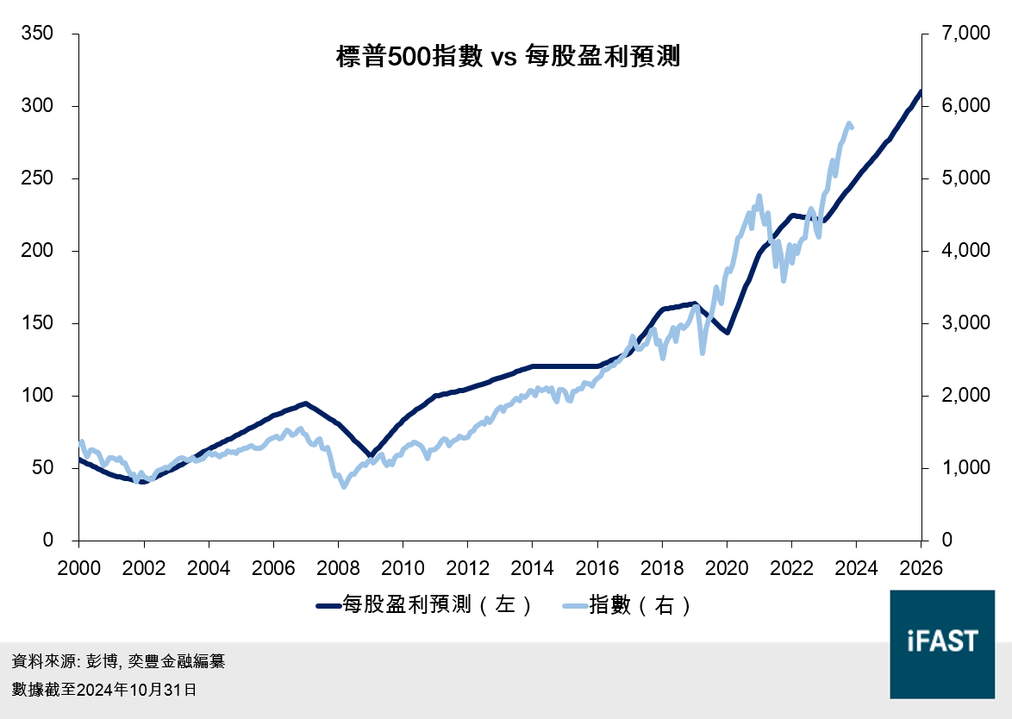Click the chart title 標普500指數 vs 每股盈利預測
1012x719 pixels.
[x=508, y=58]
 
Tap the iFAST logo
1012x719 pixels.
[x=942, y=643]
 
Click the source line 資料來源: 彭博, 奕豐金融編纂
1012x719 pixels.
[x=118, y=662]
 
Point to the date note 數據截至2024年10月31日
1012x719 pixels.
[x=103, y=690]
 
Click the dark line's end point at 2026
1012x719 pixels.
[x=921, y=91]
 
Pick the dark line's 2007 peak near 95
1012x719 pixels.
[x=305, y=403]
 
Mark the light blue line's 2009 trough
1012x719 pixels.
[x=344, y=486]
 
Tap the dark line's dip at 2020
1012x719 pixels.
[x=728, y=332]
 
